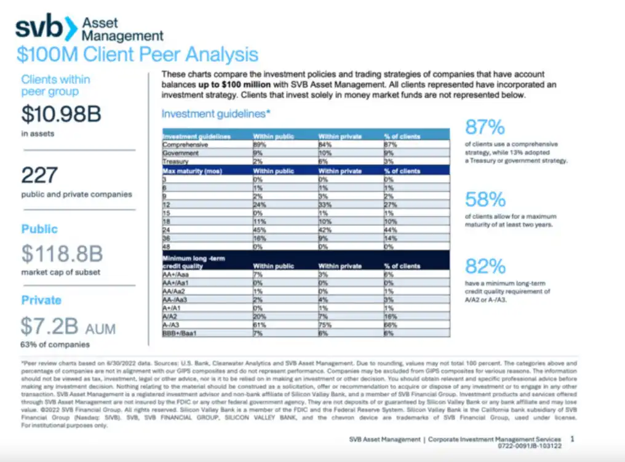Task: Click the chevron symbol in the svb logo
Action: coord(72,28)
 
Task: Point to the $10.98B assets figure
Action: coord(61,114)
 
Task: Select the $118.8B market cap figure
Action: coord(62,253)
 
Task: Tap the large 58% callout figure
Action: coord(485,199)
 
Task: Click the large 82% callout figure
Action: coord(485,266)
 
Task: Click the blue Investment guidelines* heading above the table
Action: coord(215,114)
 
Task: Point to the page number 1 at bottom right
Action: coord(572,439)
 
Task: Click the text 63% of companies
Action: coord(55,344)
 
